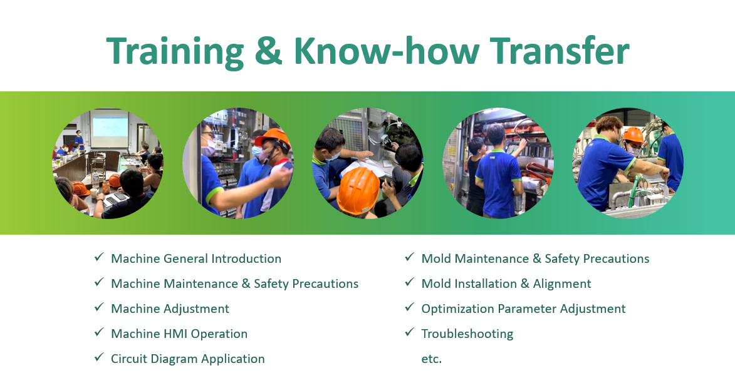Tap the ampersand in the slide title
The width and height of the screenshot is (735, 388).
pyautogui.click(x=269, y=51)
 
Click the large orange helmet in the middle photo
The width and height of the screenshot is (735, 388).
pyautogui.click(x=358, y=190)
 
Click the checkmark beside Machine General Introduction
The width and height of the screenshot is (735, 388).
pyautogui.click(x=99, y=257)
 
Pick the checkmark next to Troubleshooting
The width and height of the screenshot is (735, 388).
pyautogui.click(x=410, y=332)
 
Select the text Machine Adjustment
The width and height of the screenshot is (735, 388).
pyautogui.click(x=170, y=309)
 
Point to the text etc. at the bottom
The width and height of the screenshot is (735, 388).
pyautogui.click(x=431, y=359)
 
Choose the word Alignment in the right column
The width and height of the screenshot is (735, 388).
pyautogui.click(x=562, y=284)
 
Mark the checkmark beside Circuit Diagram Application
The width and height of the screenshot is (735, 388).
pyautogui.click(x=99, y=357)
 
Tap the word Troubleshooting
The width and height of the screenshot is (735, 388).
pyautogui.click(x=467, y=334)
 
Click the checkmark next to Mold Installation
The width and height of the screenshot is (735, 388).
pyautogui.click(x=410, y=282)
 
